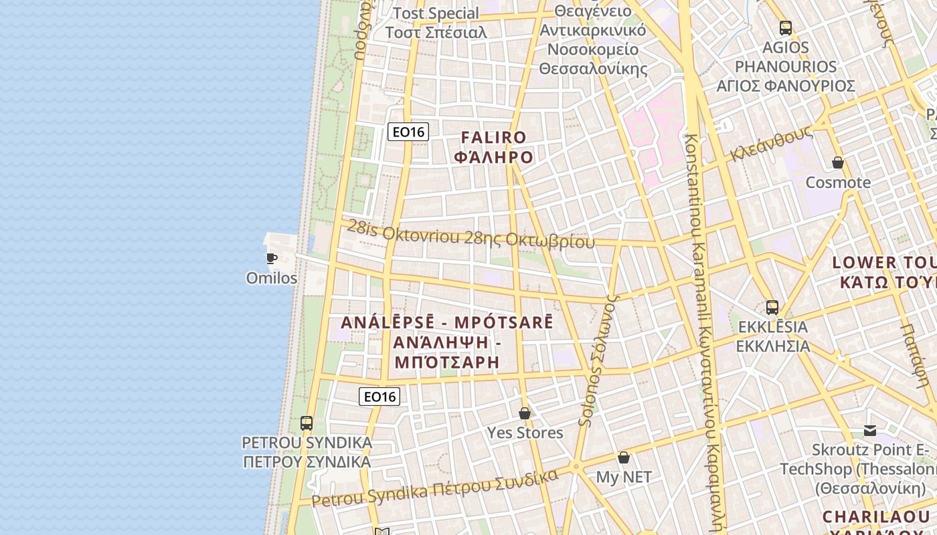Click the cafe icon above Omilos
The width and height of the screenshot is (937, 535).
[272, 258]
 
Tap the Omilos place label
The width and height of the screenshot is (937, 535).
[272, 278]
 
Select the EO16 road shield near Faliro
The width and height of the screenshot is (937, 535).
[408, 132]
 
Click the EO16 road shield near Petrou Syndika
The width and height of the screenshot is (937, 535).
[379, 397]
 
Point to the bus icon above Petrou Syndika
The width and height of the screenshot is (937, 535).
[307, 423]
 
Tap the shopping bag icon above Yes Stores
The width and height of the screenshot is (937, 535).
[525, 413]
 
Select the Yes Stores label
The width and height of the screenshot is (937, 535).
[525, 433]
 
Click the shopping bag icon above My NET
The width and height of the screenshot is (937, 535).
[624, 457]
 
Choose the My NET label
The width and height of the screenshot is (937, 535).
[624, 477]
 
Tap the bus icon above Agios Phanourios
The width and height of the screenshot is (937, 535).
[786, 28]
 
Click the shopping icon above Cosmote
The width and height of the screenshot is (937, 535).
[838, 163]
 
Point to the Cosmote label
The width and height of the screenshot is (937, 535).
[838, 182]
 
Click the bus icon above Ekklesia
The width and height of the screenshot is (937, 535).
[772, 308]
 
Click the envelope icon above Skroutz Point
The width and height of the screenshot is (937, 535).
[870, 430]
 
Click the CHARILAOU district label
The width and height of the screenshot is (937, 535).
[876, 517]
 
